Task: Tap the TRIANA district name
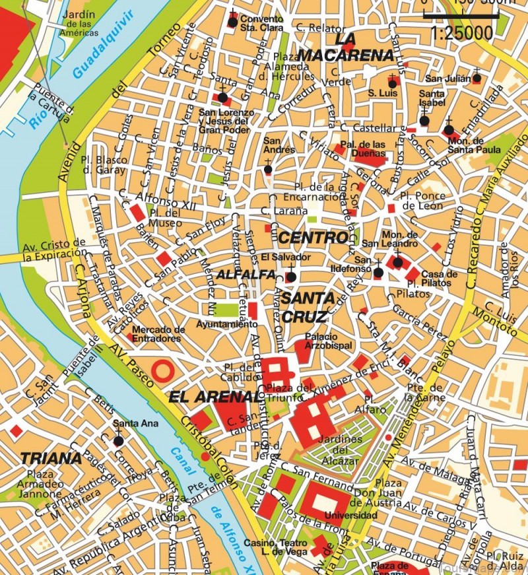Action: tap(51, 458)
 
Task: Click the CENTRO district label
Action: tap(312, 236)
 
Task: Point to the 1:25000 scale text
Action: tap(461, 31)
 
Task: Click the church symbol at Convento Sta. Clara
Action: tap(232, 22)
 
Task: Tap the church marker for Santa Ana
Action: tap(118, 440)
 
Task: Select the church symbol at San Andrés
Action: tap(268, 169)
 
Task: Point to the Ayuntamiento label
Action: tap(226, 325)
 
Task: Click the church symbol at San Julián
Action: tap(477, 79)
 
